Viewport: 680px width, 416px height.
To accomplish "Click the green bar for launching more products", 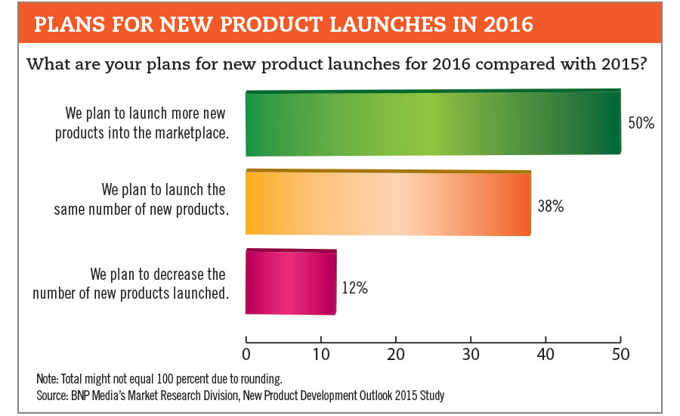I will pos(432,123).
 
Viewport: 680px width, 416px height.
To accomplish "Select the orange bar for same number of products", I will pos(388,204).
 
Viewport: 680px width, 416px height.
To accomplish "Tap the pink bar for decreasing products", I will pos(291,281).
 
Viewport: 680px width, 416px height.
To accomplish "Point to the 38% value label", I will pos(550,206).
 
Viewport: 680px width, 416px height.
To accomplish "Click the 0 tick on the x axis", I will pos(246,353).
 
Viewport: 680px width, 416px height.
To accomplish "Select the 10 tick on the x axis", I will pos(321,353).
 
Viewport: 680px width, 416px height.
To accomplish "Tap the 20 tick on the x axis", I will pos(396,353).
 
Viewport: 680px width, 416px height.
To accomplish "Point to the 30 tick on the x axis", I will pos(471,353).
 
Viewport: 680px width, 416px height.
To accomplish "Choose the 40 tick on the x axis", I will pos(546,353).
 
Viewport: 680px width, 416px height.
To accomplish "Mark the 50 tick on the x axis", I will pos(620,353).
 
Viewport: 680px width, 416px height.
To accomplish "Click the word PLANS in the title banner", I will pos(67,25).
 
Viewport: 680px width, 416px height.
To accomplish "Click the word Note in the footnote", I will pos(48,378).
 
